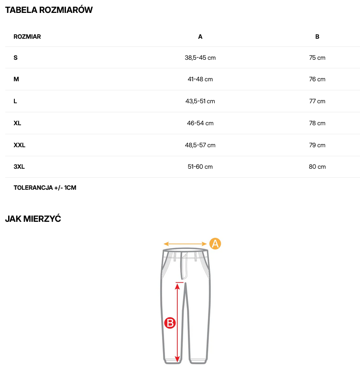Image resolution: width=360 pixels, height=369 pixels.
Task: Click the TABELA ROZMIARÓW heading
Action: [x=49, y=10]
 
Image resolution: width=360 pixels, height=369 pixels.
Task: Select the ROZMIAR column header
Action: [x=27, y=36]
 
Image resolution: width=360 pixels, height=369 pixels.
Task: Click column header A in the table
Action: [x=200, y=36]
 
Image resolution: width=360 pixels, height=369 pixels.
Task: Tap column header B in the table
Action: [x=317, y=36]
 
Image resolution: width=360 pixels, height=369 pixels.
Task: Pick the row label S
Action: [x=16, y=58]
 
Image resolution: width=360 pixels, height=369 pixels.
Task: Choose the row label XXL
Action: [x=20, y=145]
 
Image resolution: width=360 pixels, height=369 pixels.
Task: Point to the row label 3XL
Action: [x=19, y=167]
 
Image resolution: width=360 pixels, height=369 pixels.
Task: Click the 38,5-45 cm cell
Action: [x=200, y=58]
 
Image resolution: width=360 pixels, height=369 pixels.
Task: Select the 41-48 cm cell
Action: [x=200, y=79]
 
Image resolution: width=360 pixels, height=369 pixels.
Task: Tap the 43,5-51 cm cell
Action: [x=200, y=101]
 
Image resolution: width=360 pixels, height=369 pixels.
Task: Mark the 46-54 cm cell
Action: [x=200, y=123]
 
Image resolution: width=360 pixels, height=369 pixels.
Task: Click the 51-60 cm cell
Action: [x=200, y=167]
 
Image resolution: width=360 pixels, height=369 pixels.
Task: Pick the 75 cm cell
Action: [x=317, y=58]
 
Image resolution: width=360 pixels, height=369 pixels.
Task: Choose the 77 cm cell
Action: [x=317, y=101]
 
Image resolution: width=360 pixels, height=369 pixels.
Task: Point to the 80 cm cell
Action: [x=317, y=167]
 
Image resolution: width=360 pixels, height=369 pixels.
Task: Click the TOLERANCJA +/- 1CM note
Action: [x=45, y=187]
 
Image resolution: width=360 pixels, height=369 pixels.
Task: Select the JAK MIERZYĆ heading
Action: [x=33, y=219]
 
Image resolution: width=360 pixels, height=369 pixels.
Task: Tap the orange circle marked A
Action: [x=216, y=243]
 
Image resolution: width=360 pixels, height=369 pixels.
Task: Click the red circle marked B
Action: [x=170, y=323]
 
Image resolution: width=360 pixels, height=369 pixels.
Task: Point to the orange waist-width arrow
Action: [x=185, y=243]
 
